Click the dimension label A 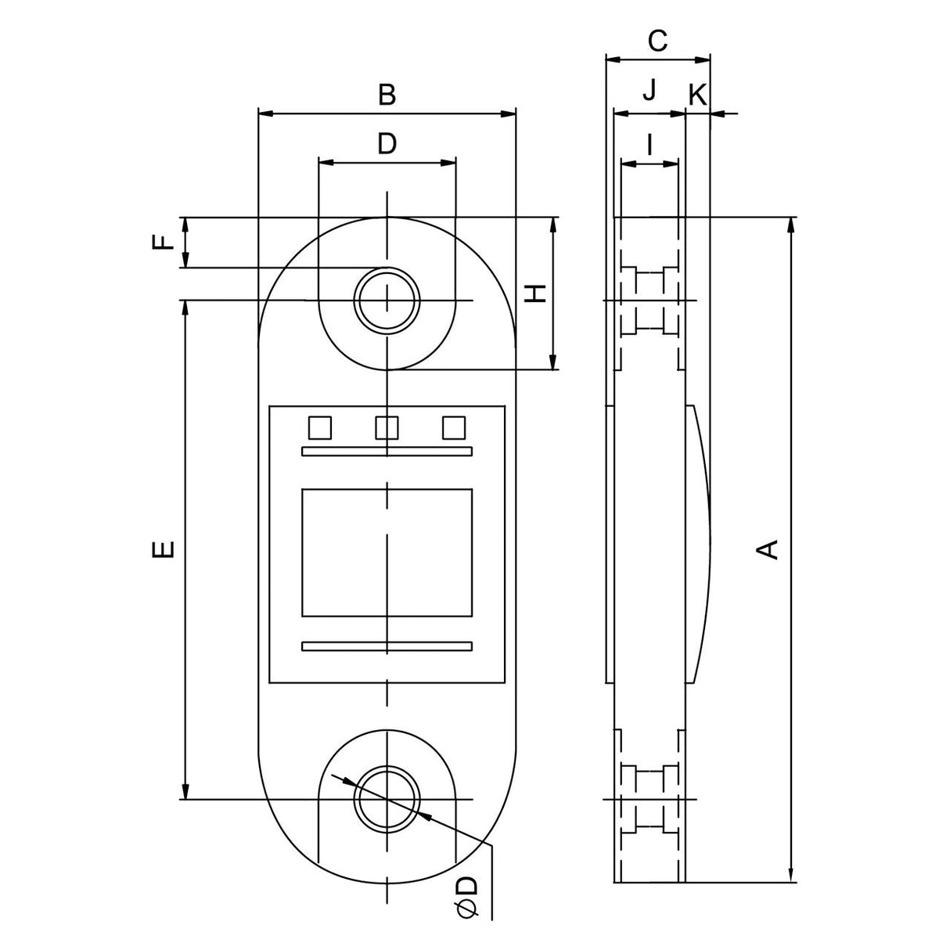770,548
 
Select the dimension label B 387,95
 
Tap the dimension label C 658,40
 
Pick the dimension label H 534,293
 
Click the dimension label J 649,92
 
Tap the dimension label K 696,95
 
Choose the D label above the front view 387,144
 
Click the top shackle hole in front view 387,300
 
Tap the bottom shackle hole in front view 387,799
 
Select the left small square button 320,428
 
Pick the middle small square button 387,428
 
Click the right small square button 453,428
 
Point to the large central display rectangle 387,552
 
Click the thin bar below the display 387,646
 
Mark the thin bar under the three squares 387,451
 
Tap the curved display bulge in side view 699,544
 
